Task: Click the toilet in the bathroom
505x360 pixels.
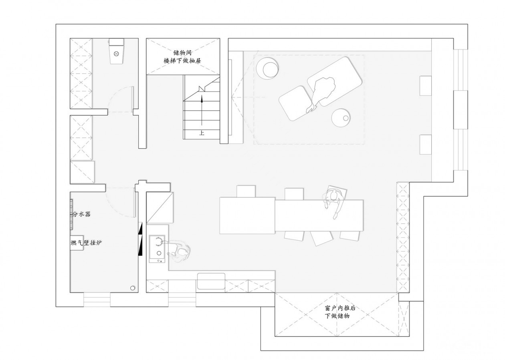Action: coord(116,51)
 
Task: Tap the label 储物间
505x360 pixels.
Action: coord(183,53)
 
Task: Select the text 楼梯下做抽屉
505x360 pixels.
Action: coord(182,60)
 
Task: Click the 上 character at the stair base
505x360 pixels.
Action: coord(202,133)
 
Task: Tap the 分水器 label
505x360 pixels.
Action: coord(81,214)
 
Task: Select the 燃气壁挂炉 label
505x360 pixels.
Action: coord(86,243)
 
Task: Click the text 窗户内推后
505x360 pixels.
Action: coord(340,308)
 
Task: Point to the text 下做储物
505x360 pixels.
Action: coord(337,316)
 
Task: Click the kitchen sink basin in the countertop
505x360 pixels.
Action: coord(211,281)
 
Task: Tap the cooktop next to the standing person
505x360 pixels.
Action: coord(157,249)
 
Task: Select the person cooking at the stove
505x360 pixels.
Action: coord(179,251)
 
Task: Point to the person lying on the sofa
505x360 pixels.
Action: coord(322,93)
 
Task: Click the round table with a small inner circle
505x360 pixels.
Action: coord(341,118)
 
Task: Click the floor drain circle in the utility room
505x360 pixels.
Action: coord(132,288)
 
